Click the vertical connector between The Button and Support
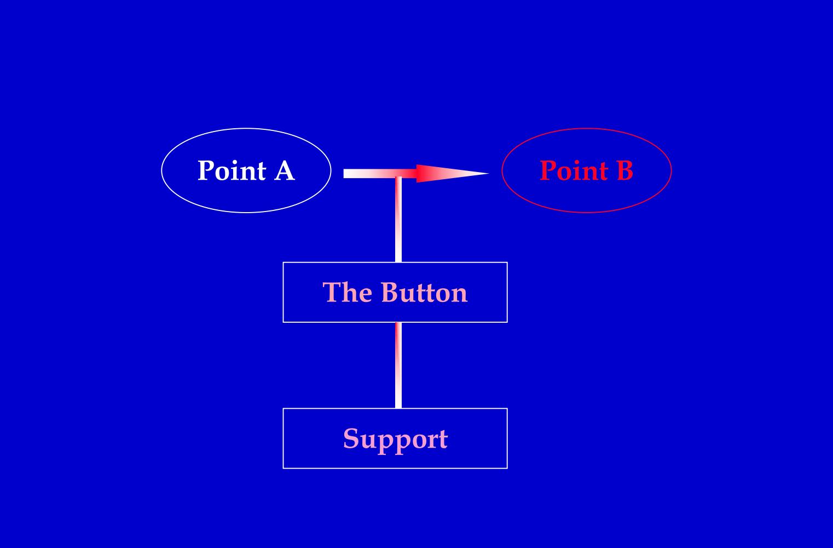(398, 366)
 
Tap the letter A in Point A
(284, 170)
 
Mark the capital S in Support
(350, 439)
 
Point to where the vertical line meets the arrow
(398, 174)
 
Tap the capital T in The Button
(330, 292)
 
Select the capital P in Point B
(547, 170)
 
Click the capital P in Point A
(205, 170)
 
